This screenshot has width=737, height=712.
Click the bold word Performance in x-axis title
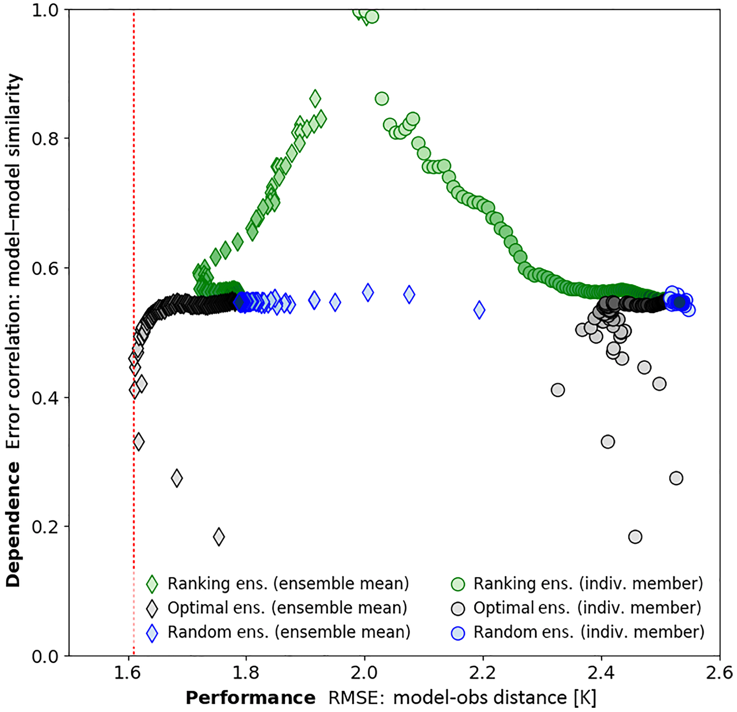tap(250, 698)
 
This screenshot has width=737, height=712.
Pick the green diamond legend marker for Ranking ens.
tap(152, 584)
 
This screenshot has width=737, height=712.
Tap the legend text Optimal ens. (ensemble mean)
tap(287, 608)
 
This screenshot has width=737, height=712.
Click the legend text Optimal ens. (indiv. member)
tap(587, 608)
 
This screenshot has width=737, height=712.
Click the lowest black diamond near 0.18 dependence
tap(219, 536)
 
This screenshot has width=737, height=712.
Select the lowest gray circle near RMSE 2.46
tap(635, 537)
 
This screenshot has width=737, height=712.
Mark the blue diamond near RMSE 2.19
tap(479, 310)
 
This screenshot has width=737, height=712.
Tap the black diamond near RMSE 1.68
tap(177, 478)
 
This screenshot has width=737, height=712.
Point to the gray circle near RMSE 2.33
tap(558, 390)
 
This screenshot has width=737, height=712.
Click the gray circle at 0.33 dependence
tap(608, 442)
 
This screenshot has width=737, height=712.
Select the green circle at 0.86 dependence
tap(382, 99)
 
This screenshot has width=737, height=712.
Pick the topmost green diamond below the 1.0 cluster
tap(315, 99)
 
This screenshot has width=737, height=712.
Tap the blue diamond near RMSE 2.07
tap(409, 295)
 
